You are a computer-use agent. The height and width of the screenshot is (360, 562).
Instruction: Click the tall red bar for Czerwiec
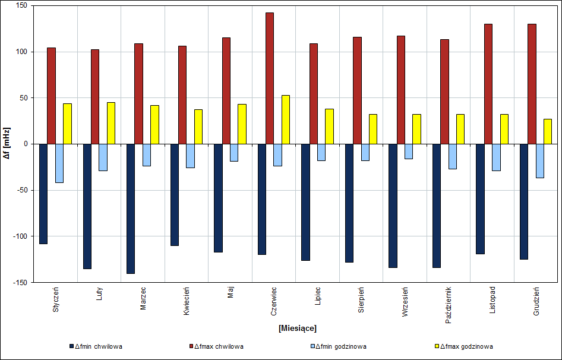269,78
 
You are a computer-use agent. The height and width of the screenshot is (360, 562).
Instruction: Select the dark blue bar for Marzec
131,209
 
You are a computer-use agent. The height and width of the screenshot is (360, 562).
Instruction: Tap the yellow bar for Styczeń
67,124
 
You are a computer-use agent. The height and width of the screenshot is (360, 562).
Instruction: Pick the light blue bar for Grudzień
539,160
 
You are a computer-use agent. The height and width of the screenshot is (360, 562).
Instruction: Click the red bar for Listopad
488,84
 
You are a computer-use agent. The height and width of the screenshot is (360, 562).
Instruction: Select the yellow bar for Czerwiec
285,119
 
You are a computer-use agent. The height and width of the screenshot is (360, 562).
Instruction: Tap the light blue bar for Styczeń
59,163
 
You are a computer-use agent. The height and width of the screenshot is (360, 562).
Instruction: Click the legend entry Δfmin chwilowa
99,346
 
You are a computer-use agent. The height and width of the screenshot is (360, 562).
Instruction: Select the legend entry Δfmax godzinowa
466,346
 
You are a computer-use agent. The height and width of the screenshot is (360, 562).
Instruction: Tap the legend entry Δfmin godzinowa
342,346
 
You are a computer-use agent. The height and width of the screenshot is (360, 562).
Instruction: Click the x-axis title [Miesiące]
297,328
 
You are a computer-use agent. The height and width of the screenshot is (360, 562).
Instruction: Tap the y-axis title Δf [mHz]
7,144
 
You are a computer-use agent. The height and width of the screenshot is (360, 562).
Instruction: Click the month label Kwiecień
187,301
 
